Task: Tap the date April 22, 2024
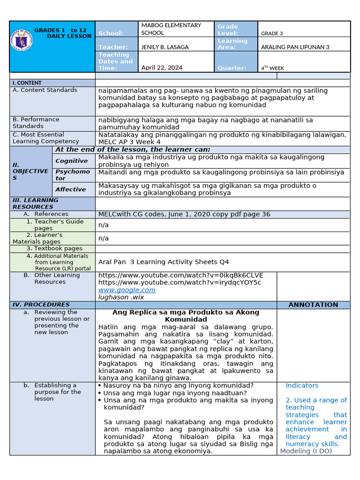tap(162, 67)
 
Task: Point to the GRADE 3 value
tap(272, 34)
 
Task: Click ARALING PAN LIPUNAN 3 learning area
tap(295, 47)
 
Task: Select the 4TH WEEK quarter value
tap(272, 68)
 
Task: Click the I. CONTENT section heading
tap(27, 83)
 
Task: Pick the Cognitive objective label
tap(71, 161)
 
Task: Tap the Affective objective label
tap(70, 189)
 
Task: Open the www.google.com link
tap(127, 290)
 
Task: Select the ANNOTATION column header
tap(313, 305)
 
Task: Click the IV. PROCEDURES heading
tap(41, 305)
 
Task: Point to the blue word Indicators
tap(302, 385)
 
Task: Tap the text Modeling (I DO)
tap(306, 451)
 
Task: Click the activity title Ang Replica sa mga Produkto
tap(186, 315)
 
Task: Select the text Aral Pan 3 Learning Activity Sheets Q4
tap(163, 262)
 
